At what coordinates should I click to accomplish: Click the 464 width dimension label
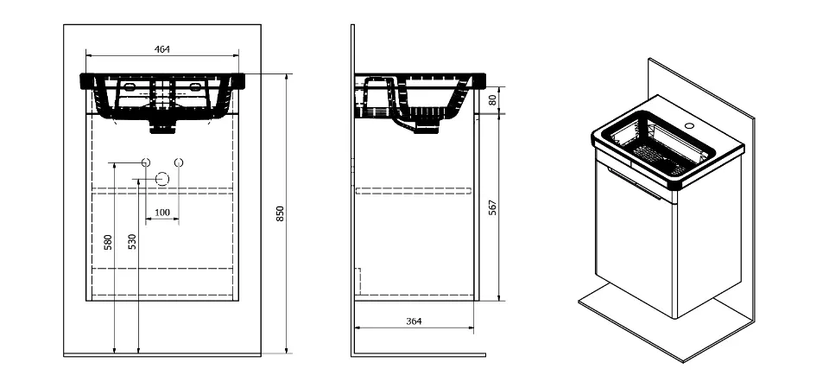(161, 49)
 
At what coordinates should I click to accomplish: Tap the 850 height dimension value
(281, 213)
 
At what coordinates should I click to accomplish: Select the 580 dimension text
(109, 243)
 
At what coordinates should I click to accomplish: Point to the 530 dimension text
(132, 241)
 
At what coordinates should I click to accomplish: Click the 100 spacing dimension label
(161, 213)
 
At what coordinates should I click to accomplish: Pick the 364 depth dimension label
(414, 321)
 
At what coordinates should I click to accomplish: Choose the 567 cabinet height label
(493, 208)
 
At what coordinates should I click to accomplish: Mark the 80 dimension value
(493, 99)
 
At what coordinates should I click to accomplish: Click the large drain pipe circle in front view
(162, 179)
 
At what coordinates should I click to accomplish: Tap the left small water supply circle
(147, 162)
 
